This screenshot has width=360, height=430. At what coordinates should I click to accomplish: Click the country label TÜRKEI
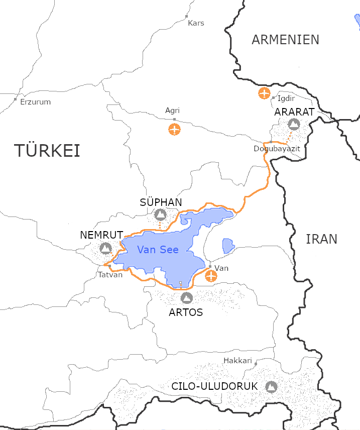point(47,151)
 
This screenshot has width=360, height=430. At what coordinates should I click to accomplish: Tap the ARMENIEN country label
point(285,40)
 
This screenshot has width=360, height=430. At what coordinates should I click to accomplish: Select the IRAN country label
point(321,239)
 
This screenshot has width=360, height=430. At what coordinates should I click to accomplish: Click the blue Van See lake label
point(158,250)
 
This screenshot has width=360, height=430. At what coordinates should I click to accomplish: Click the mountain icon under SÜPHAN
point(160,215)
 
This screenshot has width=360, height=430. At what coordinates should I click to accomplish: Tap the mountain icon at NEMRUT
point(105,248)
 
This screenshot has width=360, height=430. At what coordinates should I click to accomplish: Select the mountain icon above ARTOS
point(186,298)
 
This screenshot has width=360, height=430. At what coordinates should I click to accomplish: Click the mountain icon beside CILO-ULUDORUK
point(271,387)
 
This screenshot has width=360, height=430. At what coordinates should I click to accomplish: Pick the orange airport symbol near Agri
point(174,129)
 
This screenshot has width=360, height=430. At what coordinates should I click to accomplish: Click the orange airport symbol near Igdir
point(264,93)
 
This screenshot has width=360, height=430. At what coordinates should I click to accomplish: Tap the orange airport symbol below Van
point(211,276)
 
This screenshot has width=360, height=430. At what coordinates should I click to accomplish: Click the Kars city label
point(196,23)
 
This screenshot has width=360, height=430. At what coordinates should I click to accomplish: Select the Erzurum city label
point(35,102)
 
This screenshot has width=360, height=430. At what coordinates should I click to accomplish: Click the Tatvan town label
point(110,275)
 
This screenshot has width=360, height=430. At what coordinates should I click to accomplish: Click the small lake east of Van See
point(228,246)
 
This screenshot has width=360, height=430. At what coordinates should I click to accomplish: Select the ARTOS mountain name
point(186,312)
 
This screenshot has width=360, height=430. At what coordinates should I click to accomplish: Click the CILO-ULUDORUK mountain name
point(214,387)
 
